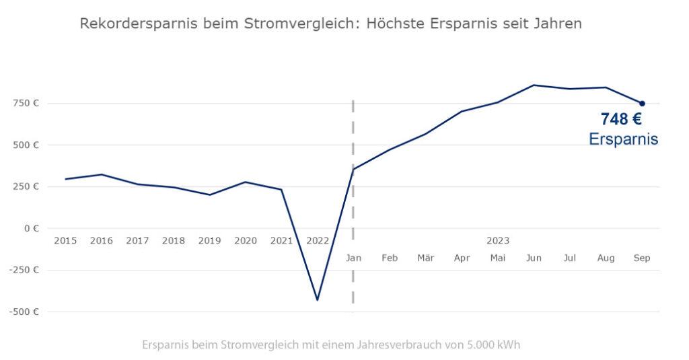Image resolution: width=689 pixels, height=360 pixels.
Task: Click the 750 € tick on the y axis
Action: pos(26,103)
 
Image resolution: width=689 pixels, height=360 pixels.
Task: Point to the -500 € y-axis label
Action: pos(24,312)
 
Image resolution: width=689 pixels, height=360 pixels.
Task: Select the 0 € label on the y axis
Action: pos(31,228)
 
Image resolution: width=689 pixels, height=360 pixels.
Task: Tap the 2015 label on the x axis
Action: pos(65,240)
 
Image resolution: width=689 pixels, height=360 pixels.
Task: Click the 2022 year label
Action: pos(318,240)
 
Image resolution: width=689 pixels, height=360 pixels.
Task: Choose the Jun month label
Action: pos(534,258)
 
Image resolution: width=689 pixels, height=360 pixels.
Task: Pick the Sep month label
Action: pos(642,258)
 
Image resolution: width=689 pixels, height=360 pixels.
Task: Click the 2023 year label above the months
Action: pos(498,240)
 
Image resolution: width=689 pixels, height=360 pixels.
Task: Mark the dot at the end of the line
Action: pos(642,103)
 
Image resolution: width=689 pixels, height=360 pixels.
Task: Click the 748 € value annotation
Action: pos(621,120)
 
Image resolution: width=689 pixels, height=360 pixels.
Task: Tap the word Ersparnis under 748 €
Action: pos(623,139)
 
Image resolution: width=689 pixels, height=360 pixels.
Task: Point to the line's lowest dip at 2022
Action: pos(318,299)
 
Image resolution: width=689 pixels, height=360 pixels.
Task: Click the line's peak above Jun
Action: pos(534,85)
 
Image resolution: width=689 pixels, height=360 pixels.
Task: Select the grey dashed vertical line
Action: pos(353,202)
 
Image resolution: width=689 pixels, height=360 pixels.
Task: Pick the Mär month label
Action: pos(425,258)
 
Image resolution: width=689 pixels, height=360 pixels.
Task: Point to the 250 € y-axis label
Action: pos(26,186)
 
